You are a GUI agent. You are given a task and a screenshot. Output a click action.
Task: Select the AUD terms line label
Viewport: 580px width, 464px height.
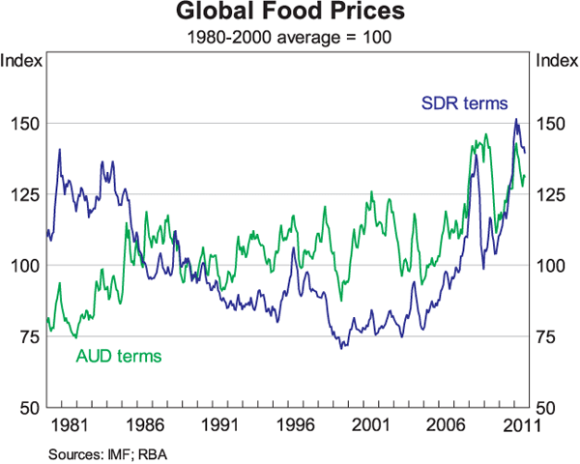click(x=118, y=356)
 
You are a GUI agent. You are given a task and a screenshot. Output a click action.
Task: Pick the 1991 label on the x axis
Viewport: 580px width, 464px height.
click(x=222, y=423)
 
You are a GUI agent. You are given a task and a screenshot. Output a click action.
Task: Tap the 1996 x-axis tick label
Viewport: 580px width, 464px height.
click(x=298, y=423)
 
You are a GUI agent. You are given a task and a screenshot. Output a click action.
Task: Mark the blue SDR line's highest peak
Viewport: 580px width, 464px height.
click(x=516, y=119)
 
